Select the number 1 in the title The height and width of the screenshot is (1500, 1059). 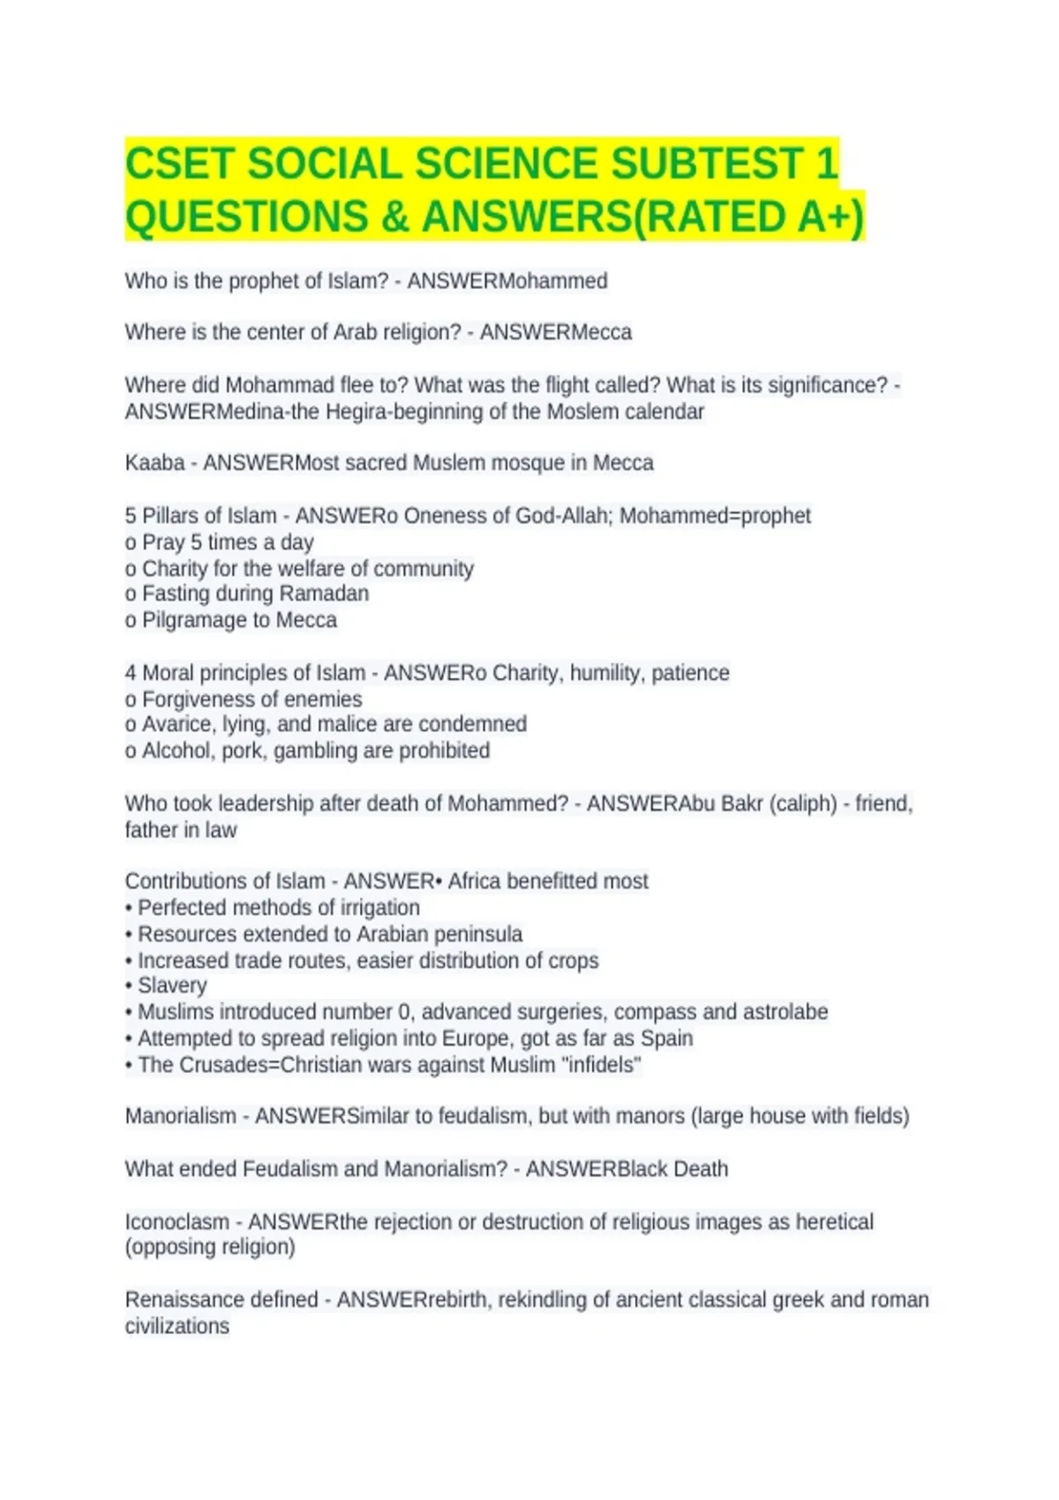click(x=826, y=164)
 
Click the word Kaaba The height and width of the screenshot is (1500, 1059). click(x=154, y=463)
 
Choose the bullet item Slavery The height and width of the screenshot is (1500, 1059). click(x=172, y=986)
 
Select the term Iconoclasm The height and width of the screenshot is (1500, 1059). click(x=176, y=1222)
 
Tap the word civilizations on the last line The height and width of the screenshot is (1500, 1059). click(x=176, y=1326)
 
